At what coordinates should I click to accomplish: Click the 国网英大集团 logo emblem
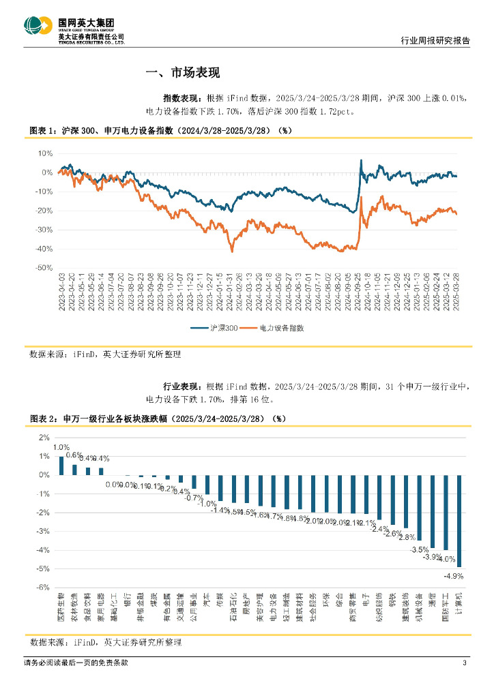(38, 27)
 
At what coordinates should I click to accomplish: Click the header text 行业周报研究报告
(435, 40)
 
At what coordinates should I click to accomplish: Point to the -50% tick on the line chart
(44, 269)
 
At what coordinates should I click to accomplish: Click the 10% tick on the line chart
(45, 153)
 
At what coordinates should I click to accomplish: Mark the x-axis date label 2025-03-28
(455, 293)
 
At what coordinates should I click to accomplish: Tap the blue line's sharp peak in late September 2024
(361, 160)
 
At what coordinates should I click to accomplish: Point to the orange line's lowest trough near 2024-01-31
(232, 252)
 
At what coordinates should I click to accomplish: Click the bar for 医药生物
(61, 466)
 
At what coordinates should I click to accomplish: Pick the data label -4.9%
(454, 576)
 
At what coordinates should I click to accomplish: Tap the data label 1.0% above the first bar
(61, 447)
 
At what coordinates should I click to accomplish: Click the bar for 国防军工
(446, 512)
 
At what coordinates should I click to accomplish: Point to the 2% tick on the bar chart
(44, 438)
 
